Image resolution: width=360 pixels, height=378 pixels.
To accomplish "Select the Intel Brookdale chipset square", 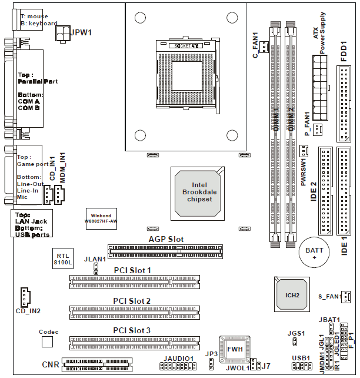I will pyautogui.click(x=196, y=192).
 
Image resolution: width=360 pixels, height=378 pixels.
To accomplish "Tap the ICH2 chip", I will pyautogui.click(x=290, y=294).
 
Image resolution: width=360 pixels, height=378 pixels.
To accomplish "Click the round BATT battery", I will pyautogui.click(x=314, y=254).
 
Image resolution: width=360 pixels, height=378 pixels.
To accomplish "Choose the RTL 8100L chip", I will pyautogui.click(x=63, y=259).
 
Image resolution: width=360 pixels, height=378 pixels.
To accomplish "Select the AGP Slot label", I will pyautogui.click(x=166, y=240).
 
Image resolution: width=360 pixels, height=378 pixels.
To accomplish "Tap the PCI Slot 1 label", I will pyautogui.click(x=132, y=270).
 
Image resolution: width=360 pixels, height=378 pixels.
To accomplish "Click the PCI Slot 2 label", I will pyautogui.click(x=132, y=301).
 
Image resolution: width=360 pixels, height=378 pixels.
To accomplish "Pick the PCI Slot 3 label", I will pyautogui.click(x=132, y=331).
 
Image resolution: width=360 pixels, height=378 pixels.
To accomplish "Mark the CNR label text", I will pyautogui.click(x=51, y=365).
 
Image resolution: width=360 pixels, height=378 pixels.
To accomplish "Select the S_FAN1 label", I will pyautogui.click(x=327, y=296).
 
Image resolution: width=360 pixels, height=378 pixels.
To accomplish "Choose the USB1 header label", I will pyautogui.click(x=301, y=358).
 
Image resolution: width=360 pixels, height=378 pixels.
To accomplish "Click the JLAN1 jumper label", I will pyautogui.click(x=95, y=258).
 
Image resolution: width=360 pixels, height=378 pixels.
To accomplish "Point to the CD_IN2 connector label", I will pyautogui.click(x=29, y=310).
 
